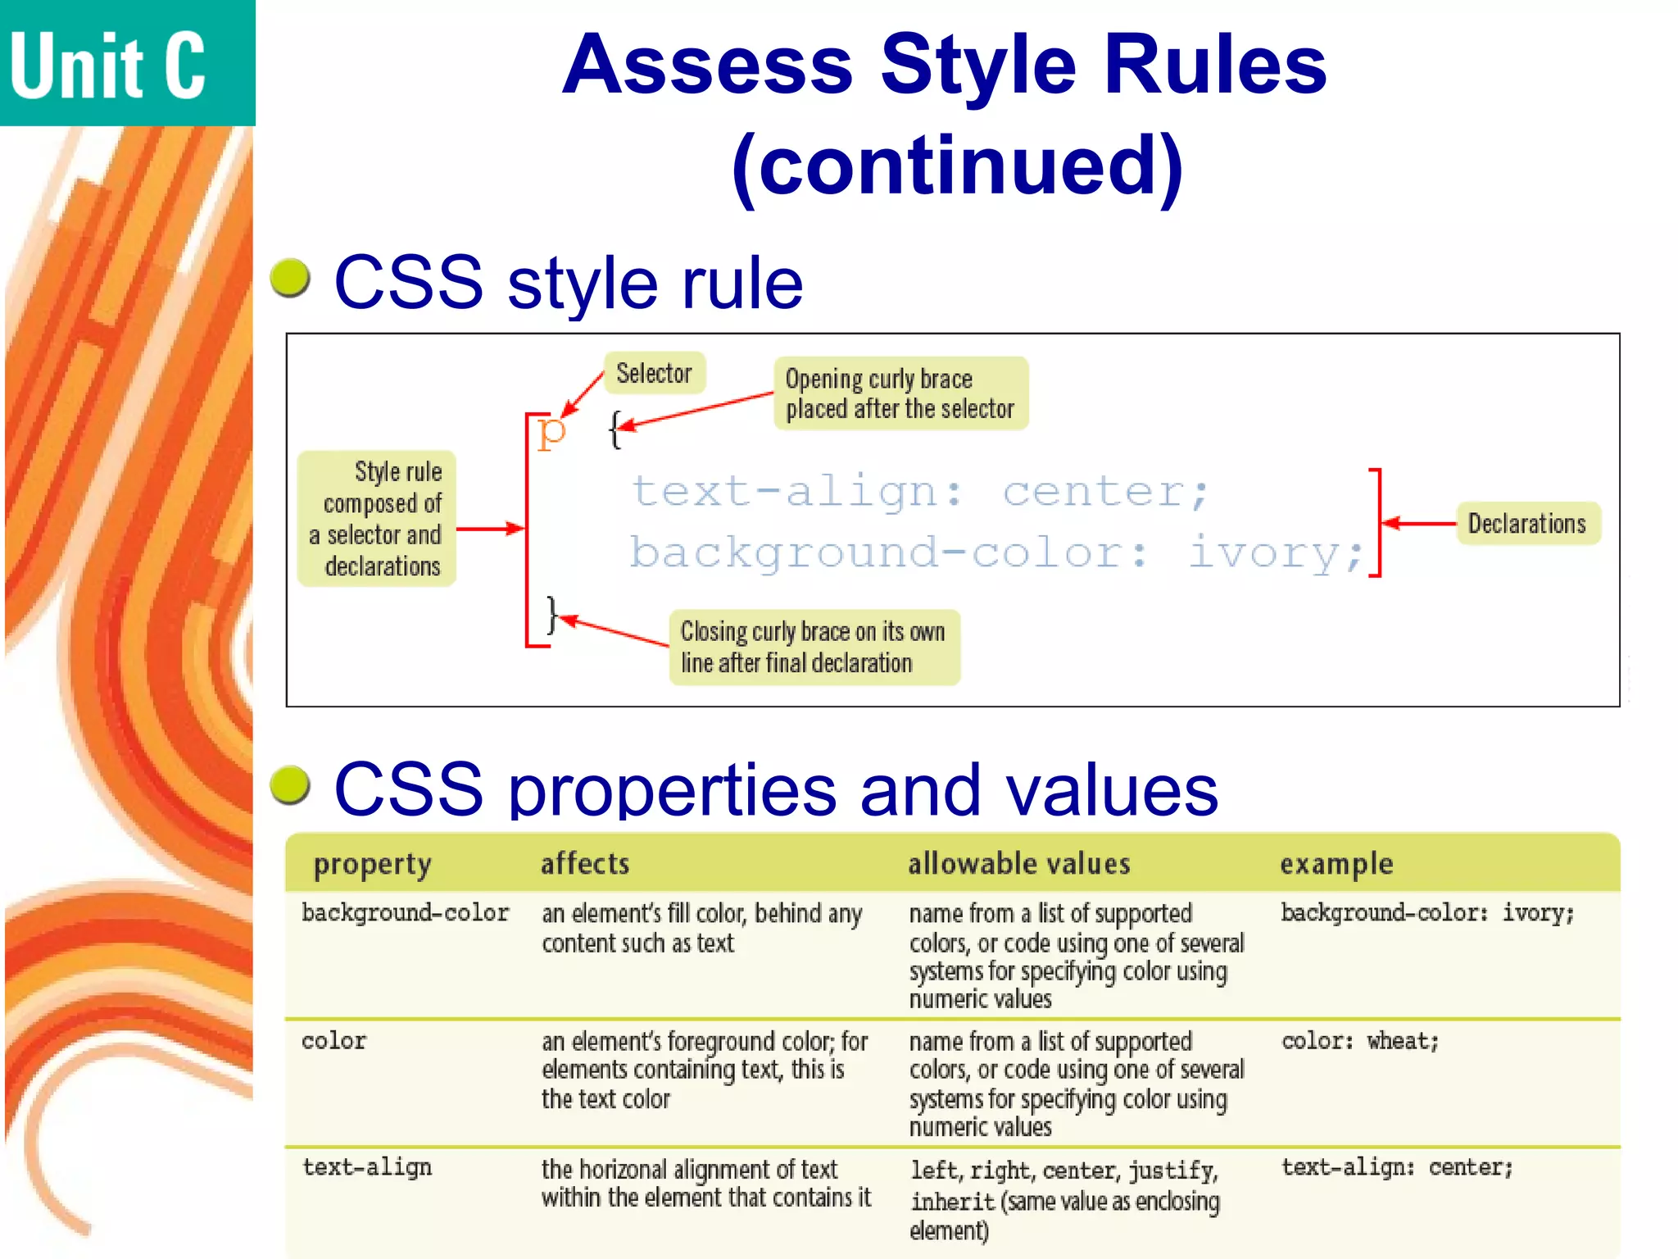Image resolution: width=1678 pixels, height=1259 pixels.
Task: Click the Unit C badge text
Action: pyautogui.click(x=108, y=66)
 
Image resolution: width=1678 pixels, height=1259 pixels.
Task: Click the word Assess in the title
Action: pyautogui.click(x=708, y=66)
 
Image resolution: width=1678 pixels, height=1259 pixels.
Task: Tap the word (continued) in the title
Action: pyautogui.click(x=957, y=166)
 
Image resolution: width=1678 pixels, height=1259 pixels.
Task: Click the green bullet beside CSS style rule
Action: pyautogui.click(x=290, y=278)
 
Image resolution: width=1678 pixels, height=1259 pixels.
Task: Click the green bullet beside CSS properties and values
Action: pyautogui.click(x=290, y=785)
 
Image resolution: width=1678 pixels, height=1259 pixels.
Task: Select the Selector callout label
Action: pyautogui.click(x=654, y=374)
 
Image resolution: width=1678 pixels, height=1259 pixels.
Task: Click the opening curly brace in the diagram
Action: pyautogui.click(x=615, y=429)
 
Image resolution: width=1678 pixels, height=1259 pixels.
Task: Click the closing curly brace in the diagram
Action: pyautogui.click(x=552, y=615)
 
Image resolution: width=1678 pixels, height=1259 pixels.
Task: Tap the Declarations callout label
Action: pyautogui.click(x=1527, y=524)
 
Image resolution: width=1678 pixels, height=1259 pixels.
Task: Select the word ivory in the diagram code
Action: pyautogui.click(x=1274, y=552)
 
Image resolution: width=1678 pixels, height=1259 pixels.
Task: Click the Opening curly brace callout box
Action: pyautogui.click(x=900, y=393)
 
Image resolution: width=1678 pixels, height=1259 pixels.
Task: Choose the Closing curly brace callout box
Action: pyautogui.click(x=813, y=648)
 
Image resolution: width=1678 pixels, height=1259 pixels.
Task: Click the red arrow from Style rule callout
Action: pyautogui.click(x=489, y=529)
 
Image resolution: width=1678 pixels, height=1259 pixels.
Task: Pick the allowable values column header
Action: pyautogui.click(x=1018, y=864)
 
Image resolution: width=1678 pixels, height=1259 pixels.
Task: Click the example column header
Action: pyautogui.click(x=1336, y=864)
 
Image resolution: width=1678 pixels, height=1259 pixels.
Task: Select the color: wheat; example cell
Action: pyautogui.click(x=1359, y=1041)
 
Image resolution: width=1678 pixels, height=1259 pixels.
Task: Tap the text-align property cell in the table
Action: pyautogui.click(x=366, y=1167)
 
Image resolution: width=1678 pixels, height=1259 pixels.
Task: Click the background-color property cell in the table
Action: pyautogui.click(x=405, y=913)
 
